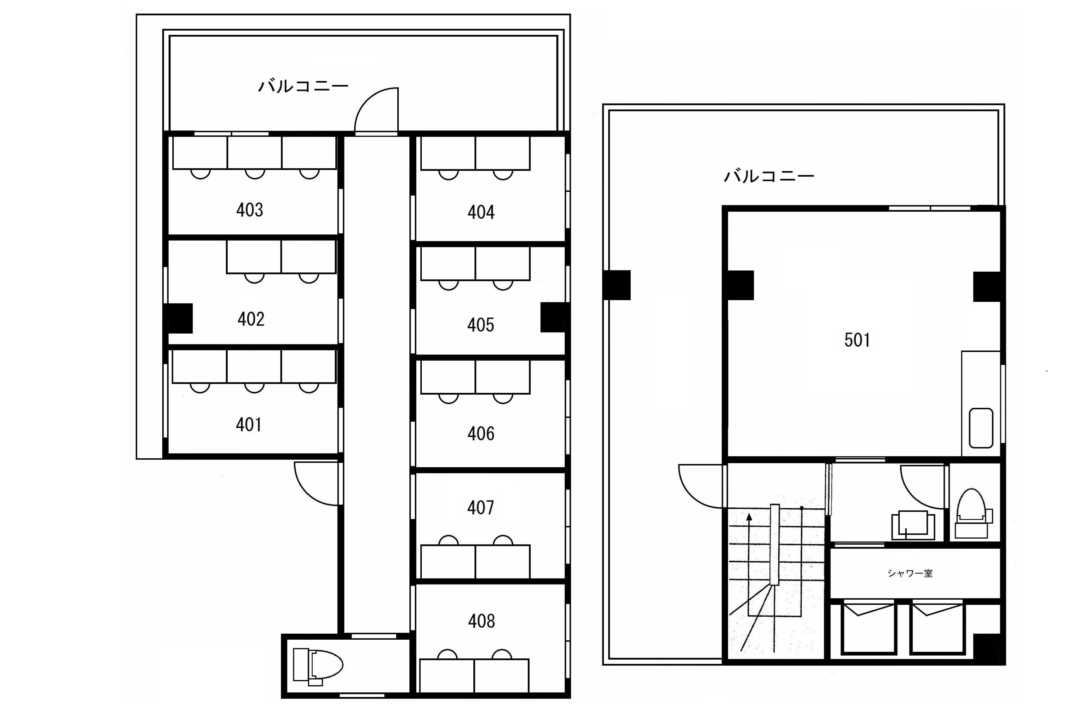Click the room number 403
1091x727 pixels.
(x=250, y=210)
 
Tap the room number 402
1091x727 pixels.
(x=251, y=319)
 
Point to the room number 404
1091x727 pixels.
(x=481, y=212)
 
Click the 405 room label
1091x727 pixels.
(x=480, y=325)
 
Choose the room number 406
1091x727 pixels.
(x=481, y=434)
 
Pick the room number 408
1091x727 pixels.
(x=481, y=621)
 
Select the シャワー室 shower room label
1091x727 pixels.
(x=910, y=573)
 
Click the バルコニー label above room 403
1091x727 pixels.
(x=303, y=86)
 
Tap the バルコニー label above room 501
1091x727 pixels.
(x=769, y=176)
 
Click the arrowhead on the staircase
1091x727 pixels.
(x=749, y=518)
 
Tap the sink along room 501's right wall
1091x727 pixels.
(x=981, y=428)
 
